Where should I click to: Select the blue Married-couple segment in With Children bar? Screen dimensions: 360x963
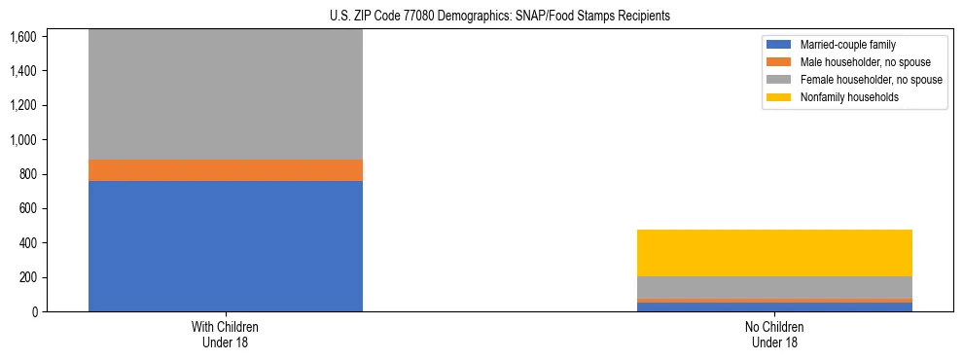[x=226, y=246]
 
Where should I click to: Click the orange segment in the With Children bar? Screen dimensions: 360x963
[x=226, y=170]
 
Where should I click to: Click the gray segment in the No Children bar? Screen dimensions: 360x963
[x=774, y=287]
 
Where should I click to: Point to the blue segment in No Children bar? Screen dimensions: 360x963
[x=774, y=307]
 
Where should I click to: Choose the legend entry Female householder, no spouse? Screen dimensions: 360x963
[x=870, y=80]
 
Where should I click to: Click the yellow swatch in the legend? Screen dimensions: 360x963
[x=779, y=97]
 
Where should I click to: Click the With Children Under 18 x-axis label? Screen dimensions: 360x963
[x=226, y=335]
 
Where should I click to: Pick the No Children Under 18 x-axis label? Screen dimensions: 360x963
[x=774, y=335]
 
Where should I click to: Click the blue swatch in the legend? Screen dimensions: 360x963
[x=779, y=45]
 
